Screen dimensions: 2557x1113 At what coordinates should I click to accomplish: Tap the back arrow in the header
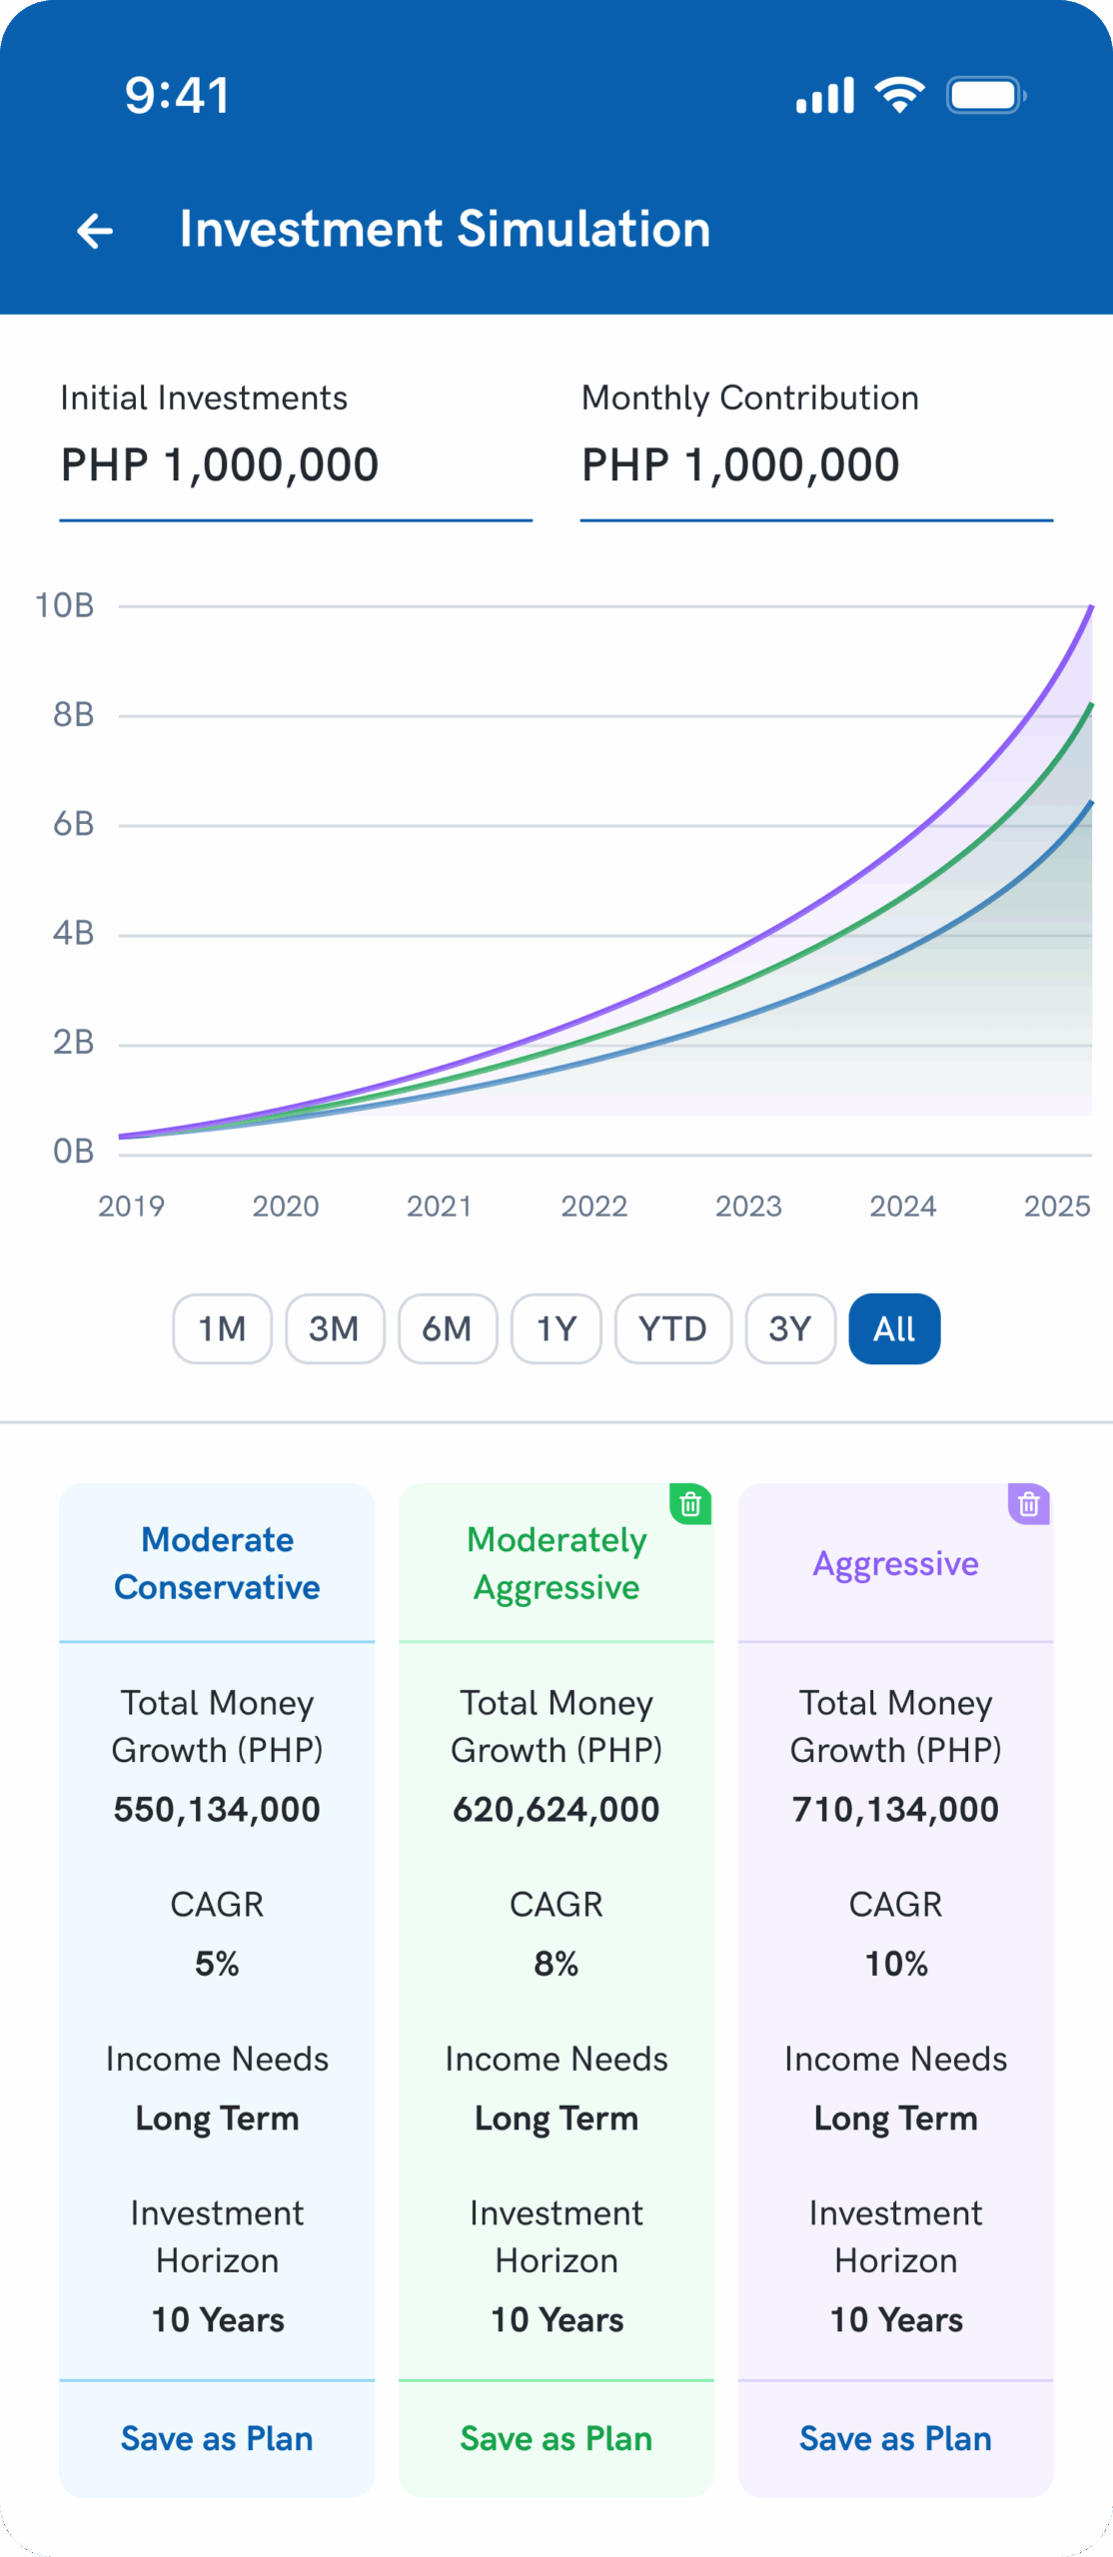(x=95, y=231)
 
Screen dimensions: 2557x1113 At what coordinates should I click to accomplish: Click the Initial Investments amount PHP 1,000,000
(x=220, y=465)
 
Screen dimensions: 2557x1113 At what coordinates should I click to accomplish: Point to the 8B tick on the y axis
(x=73, y=715)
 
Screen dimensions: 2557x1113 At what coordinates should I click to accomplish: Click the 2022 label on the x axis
(x=593, y=1207)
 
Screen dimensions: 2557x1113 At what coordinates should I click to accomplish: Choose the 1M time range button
(x=222, y=1328)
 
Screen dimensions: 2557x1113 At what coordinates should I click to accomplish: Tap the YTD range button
(x=672, y=1328)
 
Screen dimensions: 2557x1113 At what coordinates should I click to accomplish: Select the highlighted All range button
(x=894, y=1328)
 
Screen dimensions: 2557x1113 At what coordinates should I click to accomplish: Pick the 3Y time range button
(x=789, y=1328)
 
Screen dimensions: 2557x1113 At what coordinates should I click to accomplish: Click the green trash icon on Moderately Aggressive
(x=690, y=1504)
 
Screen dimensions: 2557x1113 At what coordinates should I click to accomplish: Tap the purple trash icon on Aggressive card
(x=1029, y=1504)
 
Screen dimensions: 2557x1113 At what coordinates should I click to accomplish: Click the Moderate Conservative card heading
(x=217, y=1563)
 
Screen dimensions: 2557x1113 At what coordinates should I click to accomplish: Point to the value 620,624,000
(x=556, y=1809)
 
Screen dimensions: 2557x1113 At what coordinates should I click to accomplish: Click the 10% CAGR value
(x=896, y=1964)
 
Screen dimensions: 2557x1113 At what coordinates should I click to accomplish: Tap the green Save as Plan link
(x=556, y=2438)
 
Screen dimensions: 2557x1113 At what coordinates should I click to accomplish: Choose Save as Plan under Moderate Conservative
(x=217, y=2438)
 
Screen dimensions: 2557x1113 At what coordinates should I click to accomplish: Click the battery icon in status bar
(x=985, y=96)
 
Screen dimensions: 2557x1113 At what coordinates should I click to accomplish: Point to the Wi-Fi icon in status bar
(x=899, y=95)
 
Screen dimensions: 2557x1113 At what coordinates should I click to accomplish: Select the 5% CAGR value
(x=217, y=1964)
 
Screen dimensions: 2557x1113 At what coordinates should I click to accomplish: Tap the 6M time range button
(x=447, y=1328)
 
